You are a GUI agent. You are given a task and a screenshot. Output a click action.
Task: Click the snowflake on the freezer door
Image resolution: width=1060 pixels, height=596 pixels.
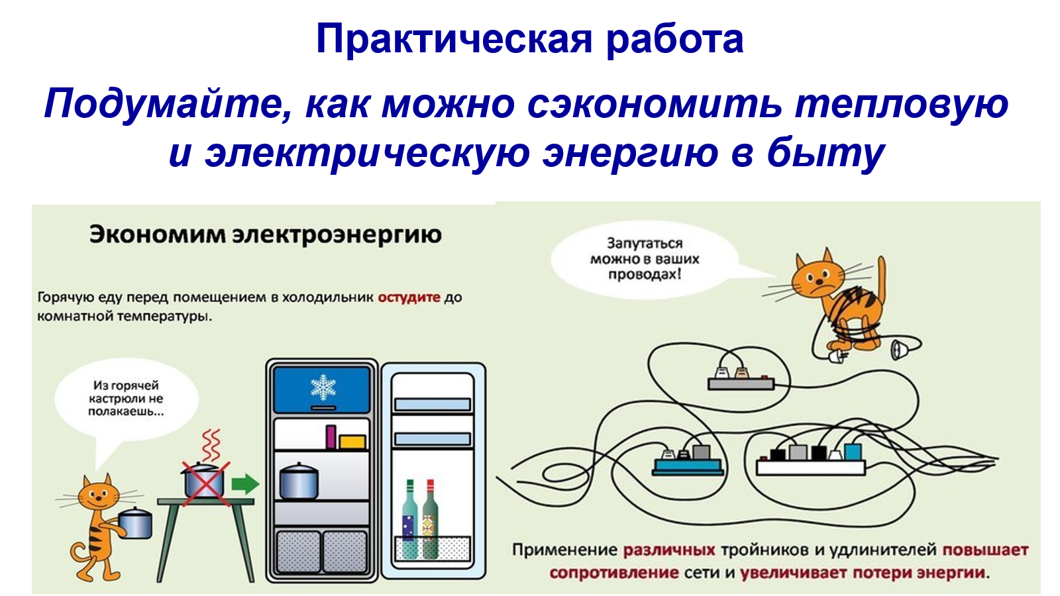coord(323,387)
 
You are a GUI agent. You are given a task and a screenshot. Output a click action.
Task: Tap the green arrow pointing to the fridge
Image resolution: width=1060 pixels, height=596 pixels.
coord(245,484)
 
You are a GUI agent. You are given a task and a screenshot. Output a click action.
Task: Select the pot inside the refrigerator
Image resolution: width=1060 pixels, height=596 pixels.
coord(299,481)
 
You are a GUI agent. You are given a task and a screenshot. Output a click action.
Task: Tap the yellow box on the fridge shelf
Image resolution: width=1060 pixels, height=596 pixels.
coord(352,442)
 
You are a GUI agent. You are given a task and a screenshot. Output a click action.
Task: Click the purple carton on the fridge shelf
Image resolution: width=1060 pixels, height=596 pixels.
coord(331,436)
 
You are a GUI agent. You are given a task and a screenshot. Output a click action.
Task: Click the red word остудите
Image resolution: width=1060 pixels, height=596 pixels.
coord(409,297)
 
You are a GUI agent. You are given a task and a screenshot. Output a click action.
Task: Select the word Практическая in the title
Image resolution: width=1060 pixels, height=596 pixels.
coord(454,40)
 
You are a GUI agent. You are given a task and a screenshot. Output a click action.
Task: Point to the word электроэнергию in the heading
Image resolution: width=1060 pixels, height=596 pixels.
coord(337,235)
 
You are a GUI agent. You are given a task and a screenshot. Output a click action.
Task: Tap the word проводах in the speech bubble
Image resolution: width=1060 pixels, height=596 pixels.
coord(645,274)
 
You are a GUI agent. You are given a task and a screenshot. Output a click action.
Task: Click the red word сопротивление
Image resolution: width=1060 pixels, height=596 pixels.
coord(614,573)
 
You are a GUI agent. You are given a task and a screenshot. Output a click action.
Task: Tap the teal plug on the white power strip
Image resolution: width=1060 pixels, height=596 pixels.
coord(853,452)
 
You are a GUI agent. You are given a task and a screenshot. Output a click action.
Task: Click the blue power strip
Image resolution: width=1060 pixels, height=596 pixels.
coord(688,466)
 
